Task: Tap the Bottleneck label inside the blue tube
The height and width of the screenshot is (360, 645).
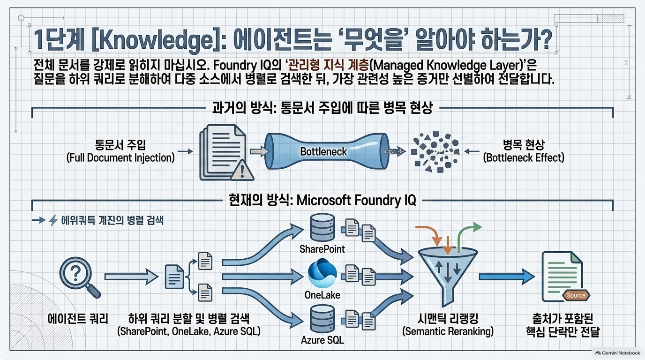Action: [x=323, y=151]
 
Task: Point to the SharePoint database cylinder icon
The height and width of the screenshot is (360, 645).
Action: [x=322, y=227]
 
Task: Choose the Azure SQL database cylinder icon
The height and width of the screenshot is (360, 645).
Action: [x=322, y=319]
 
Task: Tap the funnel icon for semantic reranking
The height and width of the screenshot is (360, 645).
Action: [x=448, y=277]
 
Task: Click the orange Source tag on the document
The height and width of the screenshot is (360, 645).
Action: [x=576, y=295]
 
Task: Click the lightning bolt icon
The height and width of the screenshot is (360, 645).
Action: [x=53, y=220]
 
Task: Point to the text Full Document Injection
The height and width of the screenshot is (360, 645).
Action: [x=120, y=158]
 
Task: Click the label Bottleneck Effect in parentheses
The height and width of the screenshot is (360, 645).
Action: [x=524, y=158]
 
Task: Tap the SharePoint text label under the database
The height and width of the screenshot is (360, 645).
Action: [x=322, y=249]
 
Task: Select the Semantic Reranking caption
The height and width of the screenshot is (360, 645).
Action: [x=448, y=331]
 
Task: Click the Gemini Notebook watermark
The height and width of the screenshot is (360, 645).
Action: [x=618, y=353]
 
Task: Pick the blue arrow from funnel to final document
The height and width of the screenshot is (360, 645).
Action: [x=507, y=277]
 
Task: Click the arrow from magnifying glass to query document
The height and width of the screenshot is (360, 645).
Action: [x=131, y=277]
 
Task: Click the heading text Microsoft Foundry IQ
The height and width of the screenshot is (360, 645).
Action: [x=356, y=200]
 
